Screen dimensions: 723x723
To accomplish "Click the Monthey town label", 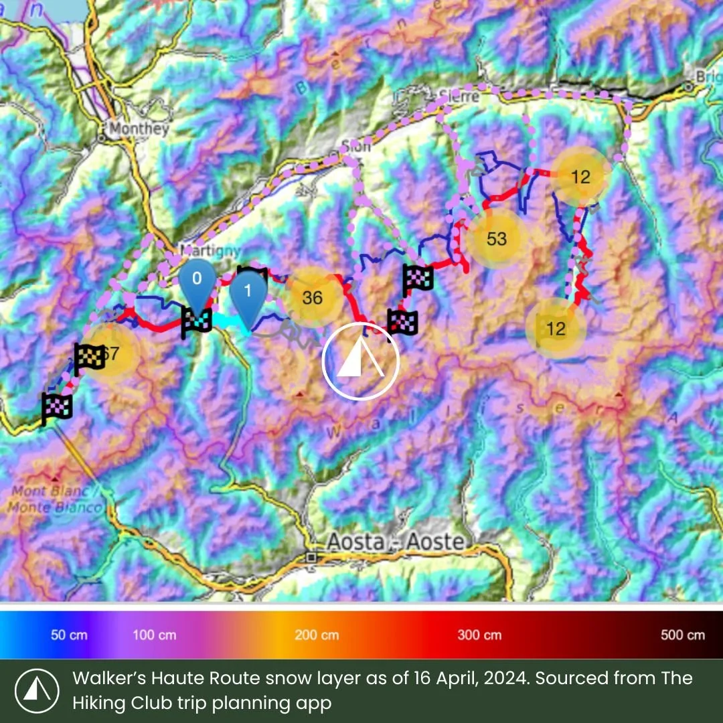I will (139, 129).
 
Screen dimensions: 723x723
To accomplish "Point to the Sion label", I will (355, 147).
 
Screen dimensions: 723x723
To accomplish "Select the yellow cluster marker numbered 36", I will (313, 298).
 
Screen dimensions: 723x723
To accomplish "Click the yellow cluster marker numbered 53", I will (496, 239).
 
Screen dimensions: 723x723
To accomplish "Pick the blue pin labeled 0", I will (196, 280).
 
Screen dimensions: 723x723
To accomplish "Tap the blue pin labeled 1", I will (248, 293).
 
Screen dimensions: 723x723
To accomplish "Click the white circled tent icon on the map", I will (360, 361).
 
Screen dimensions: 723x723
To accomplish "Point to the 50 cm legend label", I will (69, 635).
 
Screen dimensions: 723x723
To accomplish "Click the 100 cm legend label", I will (155, 635).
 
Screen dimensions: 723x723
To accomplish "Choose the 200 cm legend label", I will (317, 635).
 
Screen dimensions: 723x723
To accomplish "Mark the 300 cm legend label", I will (479, 635).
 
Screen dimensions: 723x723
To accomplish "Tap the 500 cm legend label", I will (682, 635).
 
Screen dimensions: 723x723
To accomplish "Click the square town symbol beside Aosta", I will (311, 557).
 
